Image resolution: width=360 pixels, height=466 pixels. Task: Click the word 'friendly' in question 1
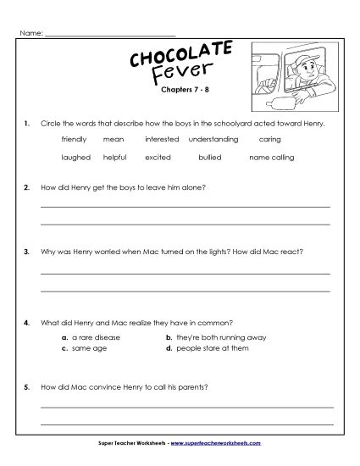click(x=74, y=138)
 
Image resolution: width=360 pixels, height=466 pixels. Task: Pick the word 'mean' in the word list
click(x=113, y=138)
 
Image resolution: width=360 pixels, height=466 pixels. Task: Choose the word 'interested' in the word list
click(x=161, y=138)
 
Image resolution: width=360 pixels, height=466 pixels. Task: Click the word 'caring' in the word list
click(x=269, y=138)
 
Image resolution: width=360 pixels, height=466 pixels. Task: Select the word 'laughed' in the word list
click(x=75, y=157)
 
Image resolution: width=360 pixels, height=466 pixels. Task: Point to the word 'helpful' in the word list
click(x=114, y=157)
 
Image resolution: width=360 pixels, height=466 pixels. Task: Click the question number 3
click(x=28, y=252)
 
